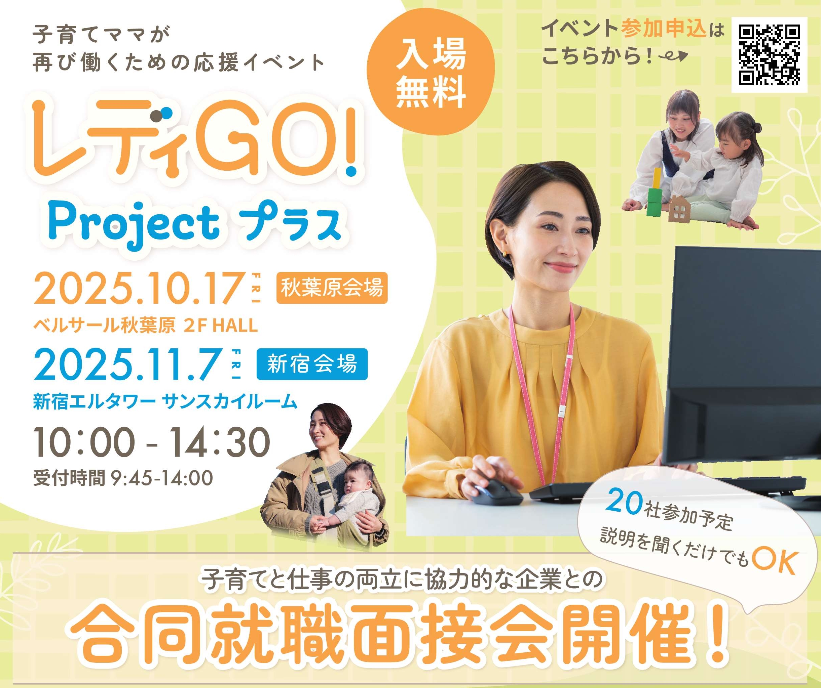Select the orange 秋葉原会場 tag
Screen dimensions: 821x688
point(332,288)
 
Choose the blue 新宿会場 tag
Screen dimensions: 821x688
point(312,364)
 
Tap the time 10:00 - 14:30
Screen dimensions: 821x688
point(152,442)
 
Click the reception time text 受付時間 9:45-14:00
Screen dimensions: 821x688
point(123,478)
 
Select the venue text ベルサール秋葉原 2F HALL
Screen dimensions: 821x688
point(145,325)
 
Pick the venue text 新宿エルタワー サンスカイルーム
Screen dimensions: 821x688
point(165,401)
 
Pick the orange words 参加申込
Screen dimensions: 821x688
point(664,29)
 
